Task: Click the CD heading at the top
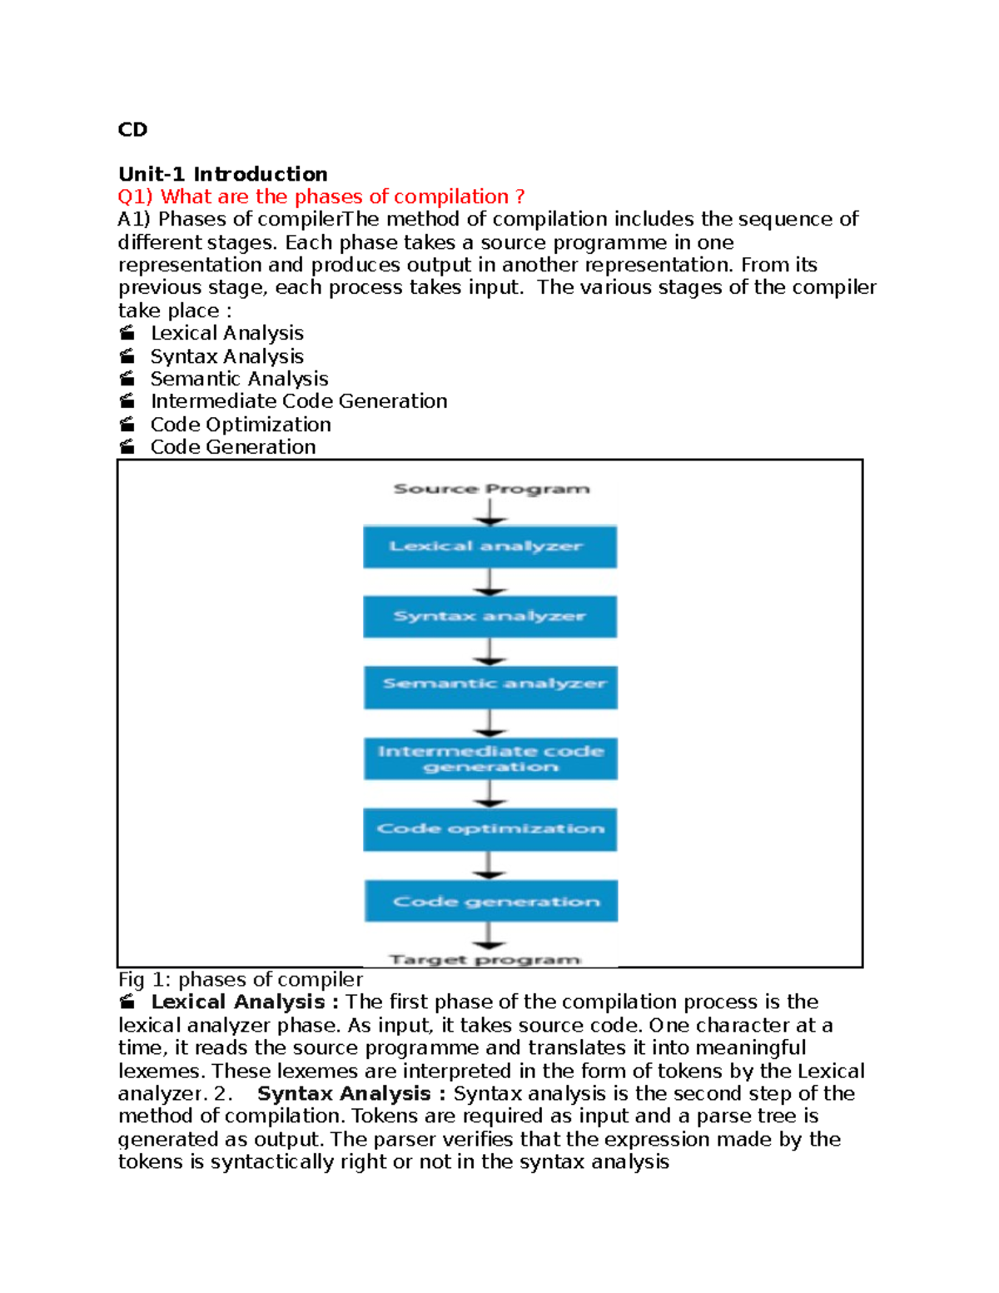[132, 130]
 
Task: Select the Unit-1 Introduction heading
[222, 174]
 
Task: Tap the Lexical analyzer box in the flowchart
[490, 547]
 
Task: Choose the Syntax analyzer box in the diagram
[490, 617]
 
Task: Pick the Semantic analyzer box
[490, 687]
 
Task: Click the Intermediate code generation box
[490, 758]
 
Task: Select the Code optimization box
[490, 829]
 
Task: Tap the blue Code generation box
[491, 901]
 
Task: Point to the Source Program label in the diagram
[491, 489]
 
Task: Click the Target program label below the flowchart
[485, 959]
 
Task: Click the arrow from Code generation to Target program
[490, 936]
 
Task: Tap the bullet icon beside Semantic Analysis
[127, 379]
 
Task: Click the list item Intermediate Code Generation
[299, 401]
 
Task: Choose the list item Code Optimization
[241, 425]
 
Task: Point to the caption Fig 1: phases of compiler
[241, 980]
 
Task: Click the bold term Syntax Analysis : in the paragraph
[344, 1094]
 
